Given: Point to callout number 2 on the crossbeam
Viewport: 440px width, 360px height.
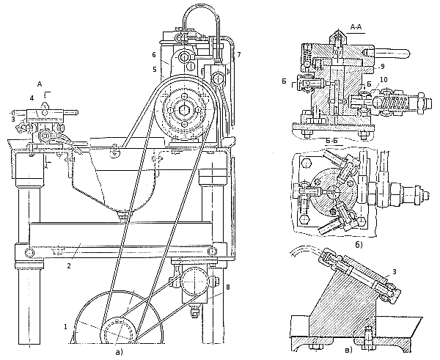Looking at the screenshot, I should [x=69, y=266].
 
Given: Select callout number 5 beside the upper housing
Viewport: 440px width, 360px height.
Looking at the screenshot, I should [x=155, y=70].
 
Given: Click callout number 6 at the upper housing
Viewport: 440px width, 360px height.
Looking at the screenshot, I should [x=153, y=55].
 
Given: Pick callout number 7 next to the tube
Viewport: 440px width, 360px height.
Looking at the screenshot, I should [x=239, y=55].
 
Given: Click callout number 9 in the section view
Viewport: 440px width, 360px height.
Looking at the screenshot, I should [x=382, y=67].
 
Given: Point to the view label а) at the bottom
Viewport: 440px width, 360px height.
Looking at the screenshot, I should [x=120, y=353].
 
